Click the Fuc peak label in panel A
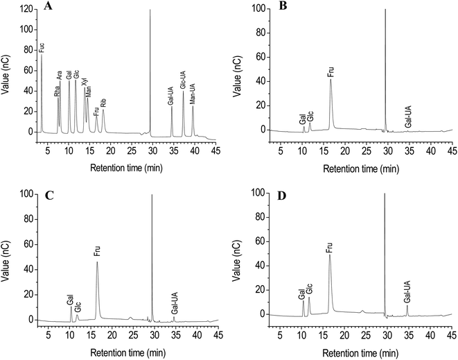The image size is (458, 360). (x=42, y=48)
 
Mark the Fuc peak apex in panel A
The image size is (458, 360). (x=42, y=55)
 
